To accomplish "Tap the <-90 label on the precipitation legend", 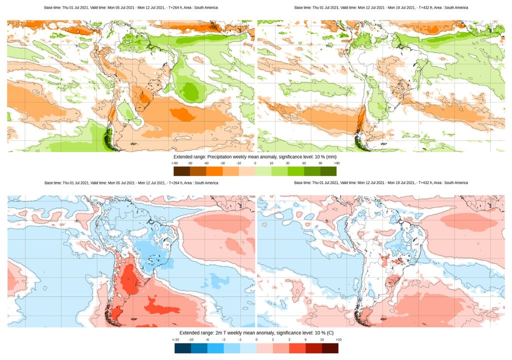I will point(174,163).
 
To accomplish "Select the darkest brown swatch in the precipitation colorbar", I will point(182,171).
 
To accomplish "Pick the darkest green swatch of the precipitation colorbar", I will point(328,171).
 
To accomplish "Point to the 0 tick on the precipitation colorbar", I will point(255,163).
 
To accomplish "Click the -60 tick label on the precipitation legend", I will point(206,163).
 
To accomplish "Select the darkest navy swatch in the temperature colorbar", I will point(182,348).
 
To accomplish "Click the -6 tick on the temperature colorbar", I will point(207,340).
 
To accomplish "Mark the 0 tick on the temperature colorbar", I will point(256,340).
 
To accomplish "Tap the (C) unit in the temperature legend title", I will point(330,332).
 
